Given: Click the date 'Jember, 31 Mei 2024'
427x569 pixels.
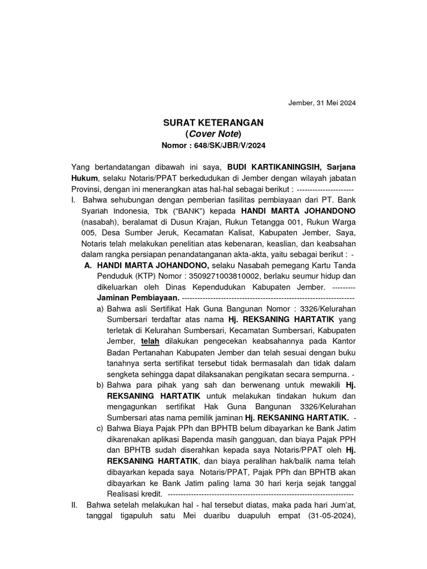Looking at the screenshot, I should pyautogui.click(x=321, y=103).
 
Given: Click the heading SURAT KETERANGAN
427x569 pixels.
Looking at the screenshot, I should pyautogui.click(x=213, y=122).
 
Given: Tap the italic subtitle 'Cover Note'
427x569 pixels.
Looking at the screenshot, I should pyautogui.click(x=213, y=134).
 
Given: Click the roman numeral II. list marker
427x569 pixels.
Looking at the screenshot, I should pyautogui.click(x=76, y=505).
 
